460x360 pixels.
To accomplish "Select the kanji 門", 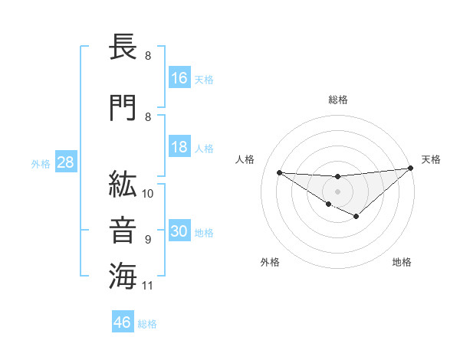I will click(x=123, y=107).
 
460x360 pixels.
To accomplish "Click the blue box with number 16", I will click(x=179, y=78).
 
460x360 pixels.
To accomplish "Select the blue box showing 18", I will click(x=179, y=147).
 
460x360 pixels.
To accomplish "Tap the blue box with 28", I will click(x=64, y=163).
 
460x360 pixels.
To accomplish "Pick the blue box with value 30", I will click(x=179, y=232).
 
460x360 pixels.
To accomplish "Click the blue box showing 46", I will click(x=123, y=322).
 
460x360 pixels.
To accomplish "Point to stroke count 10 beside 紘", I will click(x=148, y=194).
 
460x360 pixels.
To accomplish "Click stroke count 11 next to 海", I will click(x=148, y=286).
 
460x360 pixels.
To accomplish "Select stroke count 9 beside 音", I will click(x=147, y=240).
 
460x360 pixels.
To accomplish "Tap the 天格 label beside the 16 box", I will click(x=204, y=79).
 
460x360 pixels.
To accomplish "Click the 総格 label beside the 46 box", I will click(x=147, y=324).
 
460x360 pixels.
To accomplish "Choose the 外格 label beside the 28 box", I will click(x=41, y=164).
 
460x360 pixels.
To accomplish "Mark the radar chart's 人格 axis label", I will click(x=245, y=159).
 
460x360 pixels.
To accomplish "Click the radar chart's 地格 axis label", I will click(x=402, y=262).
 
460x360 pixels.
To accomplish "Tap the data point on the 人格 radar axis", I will click(x=280, y=172).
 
